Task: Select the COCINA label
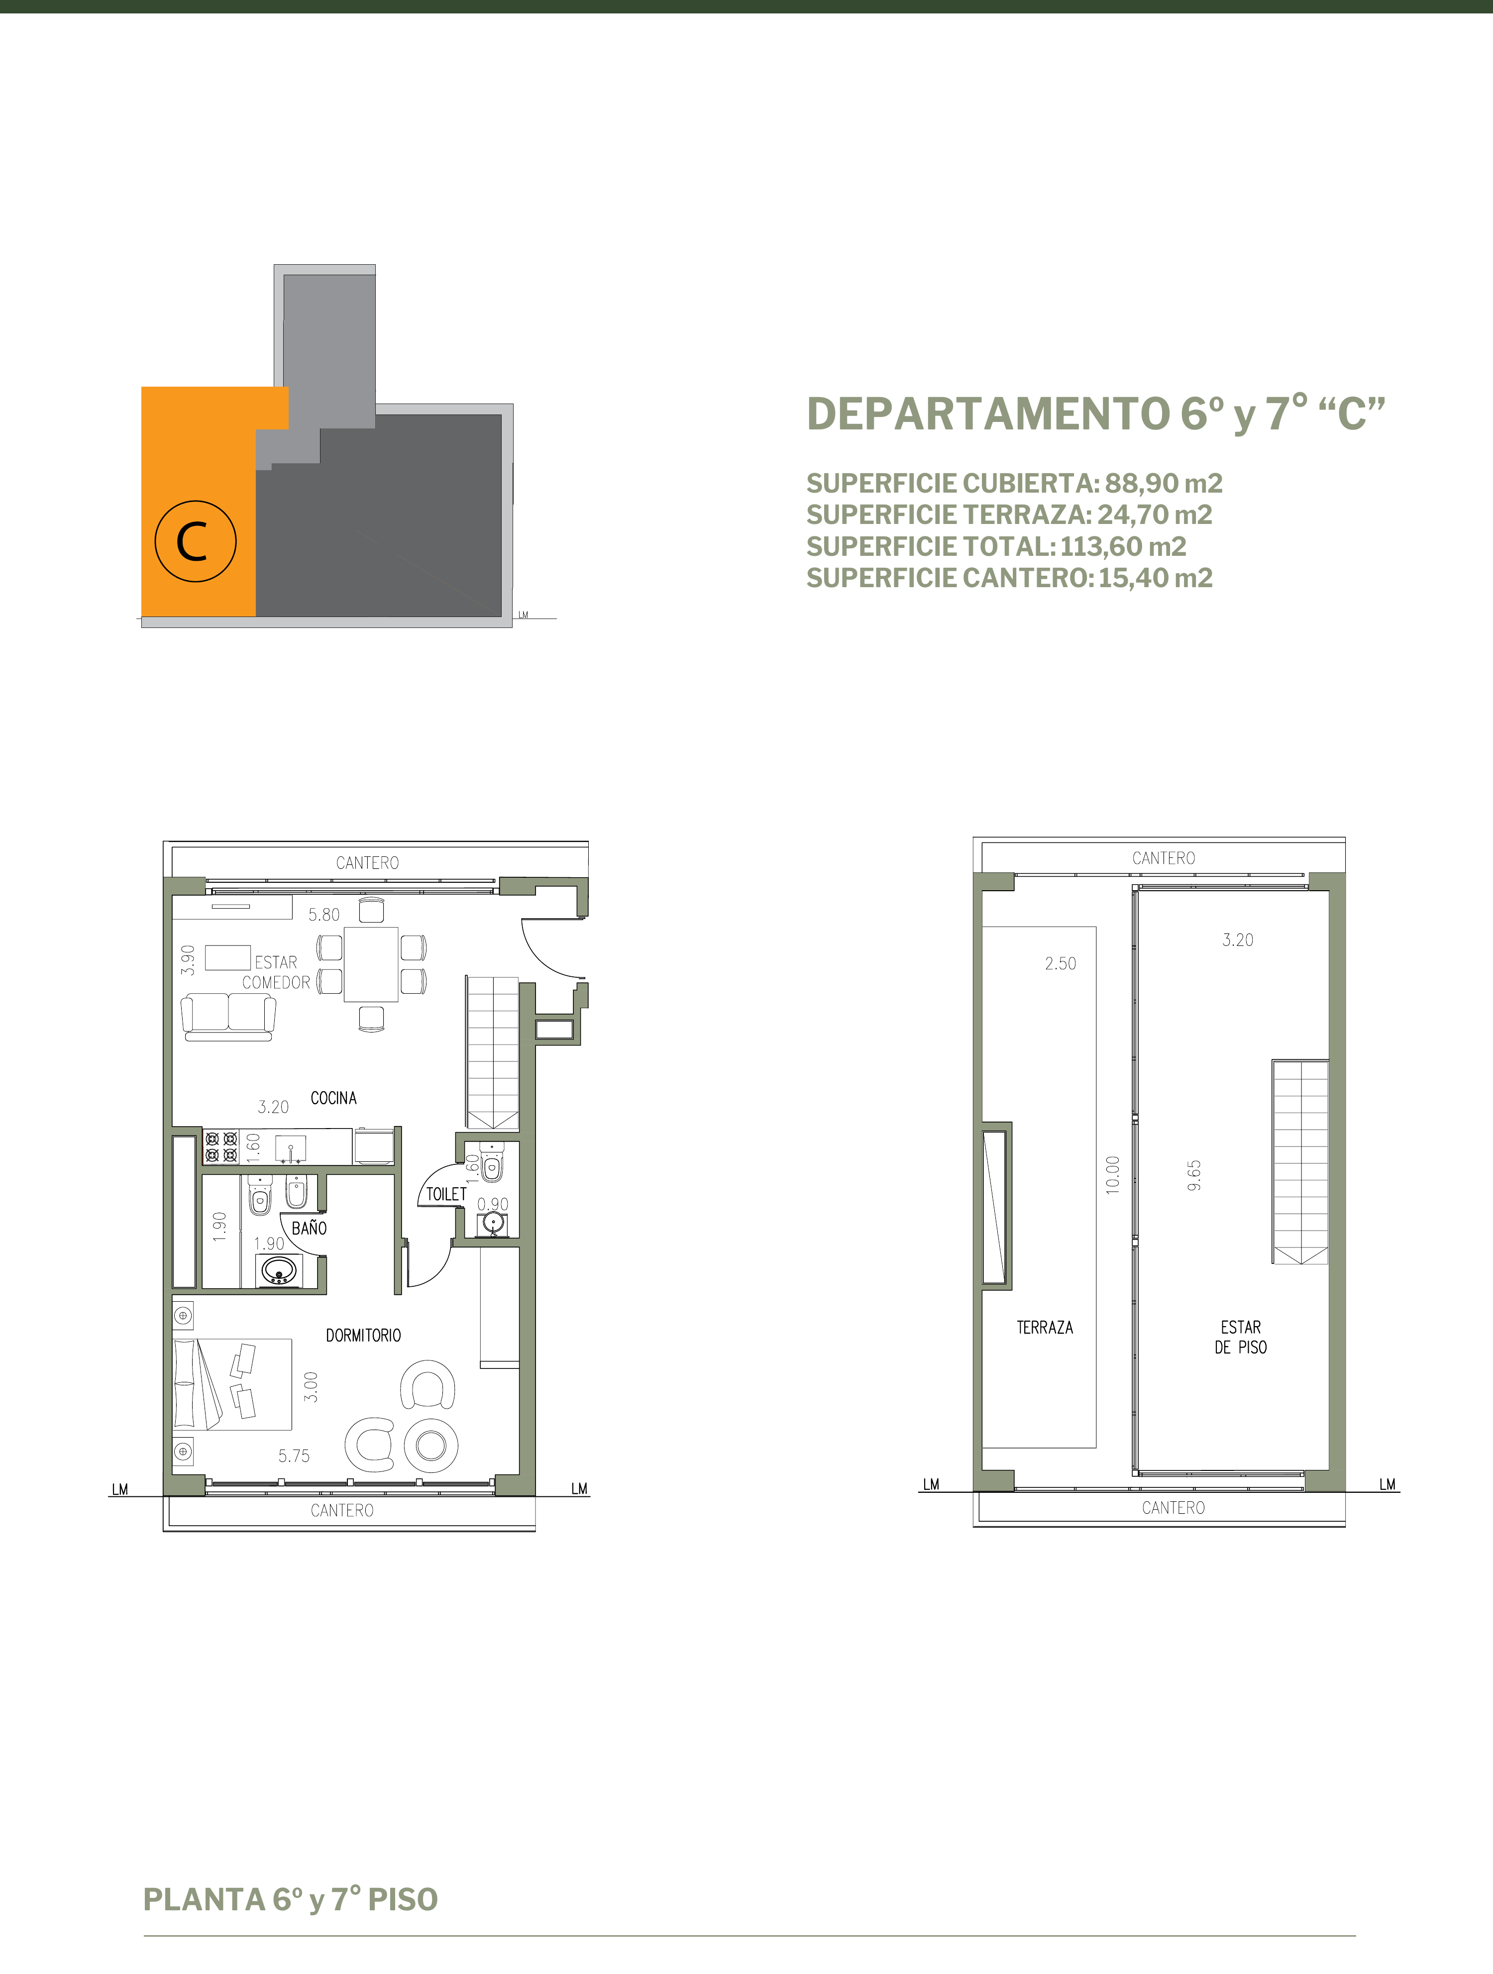pyautogui.click(x=334, y=1098)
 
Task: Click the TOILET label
pyautogui.click(x=446, y=1194)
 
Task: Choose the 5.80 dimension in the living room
pyautogui.click(x=324, y=915)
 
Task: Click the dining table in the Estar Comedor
pyautogui.click(x=371, y=965)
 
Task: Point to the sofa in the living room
pyautogui.click(x=228, y=1017)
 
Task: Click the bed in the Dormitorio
pyautogui.click(x=232, y=1384)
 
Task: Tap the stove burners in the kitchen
pyautogui.click(x=221, y=1147)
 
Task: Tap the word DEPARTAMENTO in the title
pyautogui.click(x=988, y=414)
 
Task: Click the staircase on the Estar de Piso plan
pyautogui.click(x=1300, y=1162)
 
